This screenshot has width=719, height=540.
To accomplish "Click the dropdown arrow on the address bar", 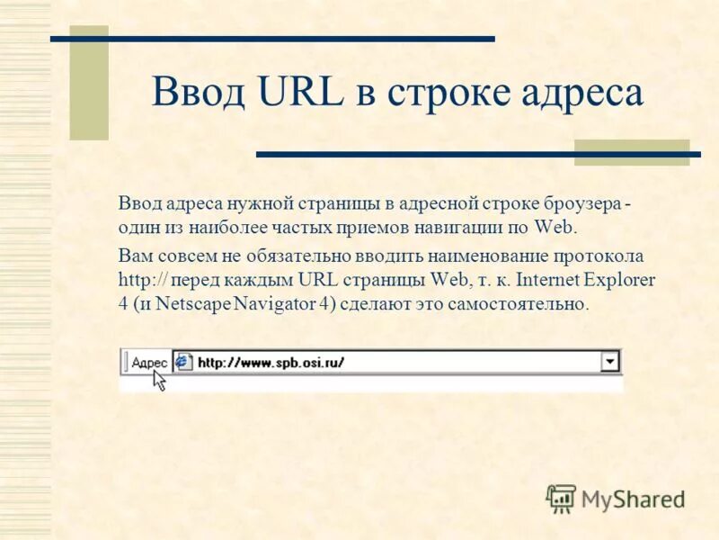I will point(610,362).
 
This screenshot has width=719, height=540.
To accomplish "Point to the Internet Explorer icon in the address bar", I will point(183,362).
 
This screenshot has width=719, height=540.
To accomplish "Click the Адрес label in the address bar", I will point(149,363).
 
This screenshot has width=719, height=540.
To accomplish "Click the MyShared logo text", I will point(633,498).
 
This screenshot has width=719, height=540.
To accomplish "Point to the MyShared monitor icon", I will point(562,498).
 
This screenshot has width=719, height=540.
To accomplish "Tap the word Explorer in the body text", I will point(623,279).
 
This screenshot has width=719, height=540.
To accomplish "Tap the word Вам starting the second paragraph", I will point(135,256).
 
